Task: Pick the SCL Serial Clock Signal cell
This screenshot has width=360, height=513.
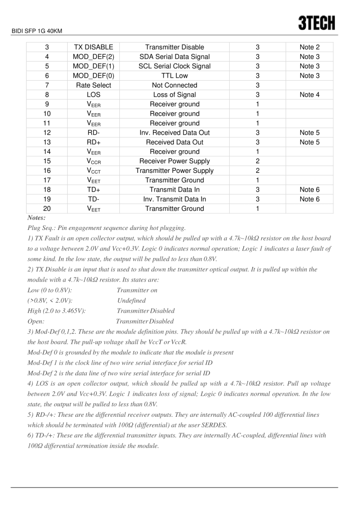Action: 174,66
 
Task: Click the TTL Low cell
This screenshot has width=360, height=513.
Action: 174,76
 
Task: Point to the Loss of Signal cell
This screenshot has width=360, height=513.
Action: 174,95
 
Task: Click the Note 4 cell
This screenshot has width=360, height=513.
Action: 309,95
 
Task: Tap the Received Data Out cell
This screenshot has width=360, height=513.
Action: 174,142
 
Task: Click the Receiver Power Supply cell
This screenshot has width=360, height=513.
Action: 174,161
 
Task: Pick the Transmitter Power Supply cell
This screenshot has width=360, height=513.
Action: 174,171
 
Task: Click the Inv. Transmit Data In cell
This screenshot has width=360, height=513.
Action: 174,199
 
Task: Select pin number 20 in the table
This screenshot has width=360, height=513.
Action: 47,209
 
